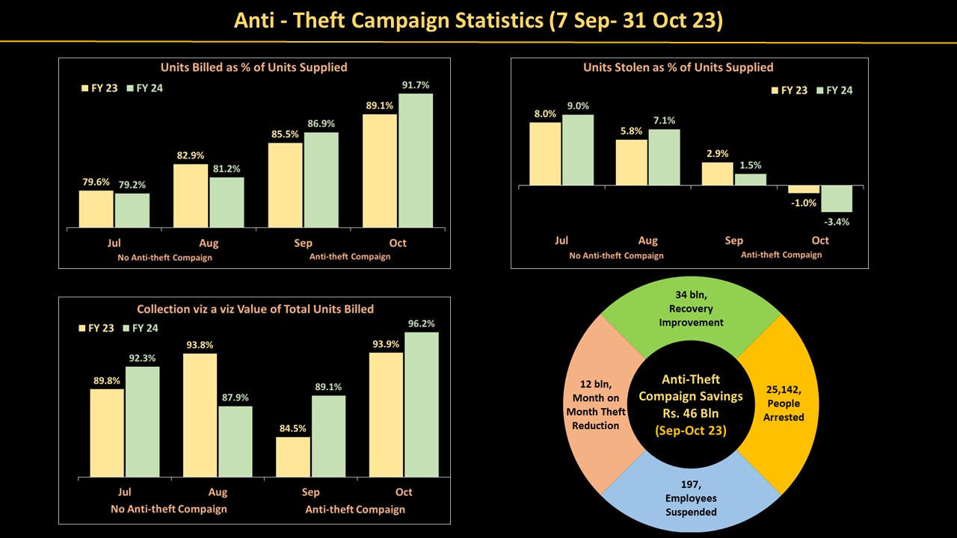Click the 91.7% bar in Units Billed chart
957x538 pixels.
point(415,161)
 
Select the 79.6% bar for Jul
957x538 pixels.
point(96,209)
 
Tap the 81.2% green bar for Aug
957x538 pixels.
point(227,202)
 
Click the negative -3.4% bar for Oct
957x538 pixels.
point(837,199)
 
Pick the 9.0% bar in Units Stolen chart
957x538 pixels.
point(578,149)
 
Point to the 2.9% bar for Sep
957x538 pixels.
point(718,173)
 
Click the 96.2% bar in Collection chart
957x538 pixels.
point(421,404)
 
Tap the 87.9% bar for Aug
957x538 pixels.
point(235,441)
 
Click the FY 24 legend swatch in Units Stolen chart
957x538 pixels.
point(819,90)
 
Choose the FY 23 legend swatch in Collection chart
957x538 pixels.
point(83,328)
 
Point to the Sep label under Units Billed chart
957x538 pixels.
point(304,243)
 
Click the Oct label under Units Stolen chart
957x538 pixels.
point(820,241)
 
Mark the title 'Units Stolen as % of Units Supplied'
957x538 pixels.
point(678,67)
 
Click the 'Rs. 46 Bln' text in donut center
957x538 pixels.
point(691,412)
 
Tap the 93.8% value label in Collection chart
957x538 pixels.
point(199,344)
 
